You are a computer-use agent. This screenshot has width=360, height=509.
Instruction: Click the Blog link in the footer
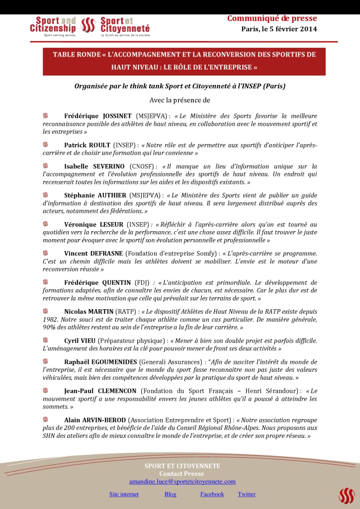tap(170, 494)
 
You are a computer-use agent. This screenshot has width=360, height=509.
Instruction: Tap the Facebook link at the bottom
tap(212, 494)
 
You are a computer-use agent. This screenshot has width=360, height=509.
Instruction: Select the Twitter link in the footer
tap(247, 494)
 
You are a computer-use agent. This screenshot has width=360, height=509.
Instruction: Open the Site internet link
tap(124, 494)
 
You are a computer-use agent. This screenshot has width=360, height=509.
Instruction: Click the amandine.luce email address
tap(182, 482)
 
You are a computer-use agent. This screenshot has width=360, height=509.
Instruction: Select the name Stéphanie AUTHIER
tap(95, 195)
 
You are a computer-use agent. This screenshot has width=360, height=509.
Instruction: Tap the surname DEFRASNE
tap(107, 254)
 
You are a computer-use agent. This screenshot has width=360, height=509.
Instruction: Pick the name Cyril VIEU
tap(80, 341)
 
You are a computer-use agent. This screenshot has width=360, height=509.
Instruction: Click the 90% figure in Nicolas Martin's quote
tap(51, 328)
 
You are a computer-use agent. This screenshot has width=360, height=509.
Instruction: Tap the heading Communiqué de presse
tap(272, 19)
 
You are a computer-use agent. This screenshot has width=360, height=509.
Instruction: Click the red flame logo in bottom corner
tap(346, 495)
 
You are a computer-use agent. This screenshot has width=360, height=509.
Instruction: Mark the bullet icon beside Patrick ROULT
tap(46, 145)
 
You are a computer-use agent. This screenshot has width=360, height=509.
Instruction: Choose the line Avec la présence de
tap(180, 100)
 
